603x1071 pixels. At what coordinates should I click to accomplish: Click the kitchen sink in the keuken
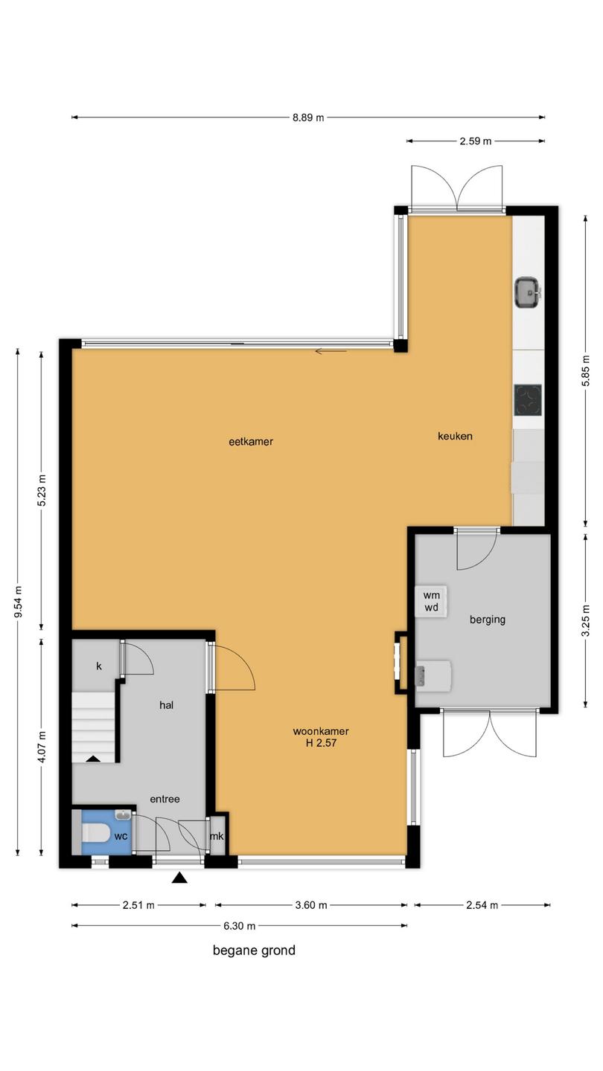coord(528,292)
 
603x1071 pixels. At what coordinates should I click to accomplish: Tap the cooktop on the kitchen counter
coord(529,400)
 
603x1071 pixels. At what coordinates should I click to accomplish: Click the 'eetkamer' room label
coord(251,442)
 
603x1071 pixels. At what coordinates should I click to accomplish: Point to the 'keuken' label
coord(455,436)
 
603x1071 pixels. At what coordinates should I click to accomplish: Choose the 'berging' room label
coord(487,620)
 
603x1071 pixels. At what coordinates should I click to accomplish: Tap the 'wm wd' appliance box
coord(431,602)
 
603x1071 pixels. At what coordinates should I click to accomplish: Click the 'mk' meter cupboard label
coord(217,836)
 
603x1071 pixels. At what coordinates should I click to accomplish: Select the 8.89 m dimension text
coord(308,118)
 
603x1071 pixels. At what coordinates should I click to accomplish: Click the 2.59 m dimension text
coord(475,141)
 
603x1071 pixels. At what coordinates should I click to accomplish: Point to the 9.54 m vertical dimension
coord(18,602)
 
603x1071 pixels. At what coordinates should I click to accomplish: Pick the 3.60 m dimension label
coord(311,905)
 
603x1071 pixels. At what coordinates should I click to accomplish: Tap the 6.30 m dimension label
coord(239,926)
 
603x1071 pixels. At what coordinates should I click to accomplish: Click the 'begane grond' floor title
coord(254,951)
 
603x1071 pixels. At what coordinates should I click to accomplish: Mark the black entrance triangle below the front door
coord(179,878)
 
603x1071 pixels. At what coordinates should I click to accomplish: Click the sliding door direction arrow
coord(331,352)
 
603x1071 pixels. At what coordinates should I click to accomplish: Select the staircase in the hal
coord(94,727)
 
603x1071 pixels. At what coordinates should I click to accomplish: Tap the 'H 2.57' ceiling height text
coord(321,742)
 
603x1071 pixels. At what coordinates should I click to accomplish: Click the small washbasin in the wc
coord(123,814)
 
